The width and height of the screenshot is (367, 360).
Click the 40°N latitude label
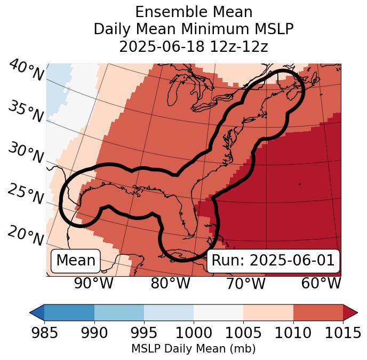click(26, 71)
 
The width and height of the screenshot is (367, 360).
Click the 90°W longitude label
click(94, 283)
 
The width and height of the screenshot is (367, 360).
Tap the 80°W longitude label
click(170, 283)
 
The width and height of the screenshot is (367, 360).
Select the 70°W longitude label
click(245, 283)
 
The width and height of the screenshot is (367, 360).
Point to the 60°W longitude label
click(321, 283)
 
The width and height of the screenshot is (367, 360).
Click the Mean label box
click(76, 261)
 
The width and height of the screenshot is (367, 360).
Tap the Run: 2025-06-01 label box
click(273, 261)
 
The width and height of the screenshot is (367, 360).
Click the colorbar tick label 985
click(44, 333)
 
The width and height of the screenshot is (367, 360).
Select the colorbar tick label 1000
click(194, 333)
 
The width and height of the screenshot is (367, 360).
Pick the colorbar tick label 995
click(144, 333)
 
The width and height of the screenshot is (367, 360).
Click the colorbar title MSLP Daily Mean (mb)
click(193, 349)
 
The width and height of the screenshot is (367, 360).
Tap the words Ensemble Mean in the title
click(194, 12)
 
